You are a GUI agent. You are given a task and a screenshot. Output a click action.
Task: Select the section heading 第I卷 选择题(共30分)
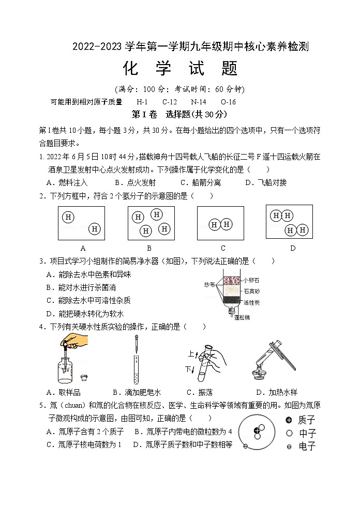click(x=179, y=114)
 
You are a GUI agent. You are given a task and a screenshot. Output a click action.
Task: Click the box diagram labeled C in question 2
click(x=220, y=223)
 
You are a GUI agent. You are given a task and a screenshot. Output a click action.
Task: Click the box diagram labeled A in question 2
click(x=82, y=223)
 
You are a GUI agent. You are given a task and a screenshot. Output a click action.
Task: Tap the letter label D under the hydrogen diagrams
click(x=292, y=248)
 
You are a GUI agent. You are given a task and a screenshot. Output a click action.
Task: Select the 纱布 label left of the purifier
click(x=209, y=285)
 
